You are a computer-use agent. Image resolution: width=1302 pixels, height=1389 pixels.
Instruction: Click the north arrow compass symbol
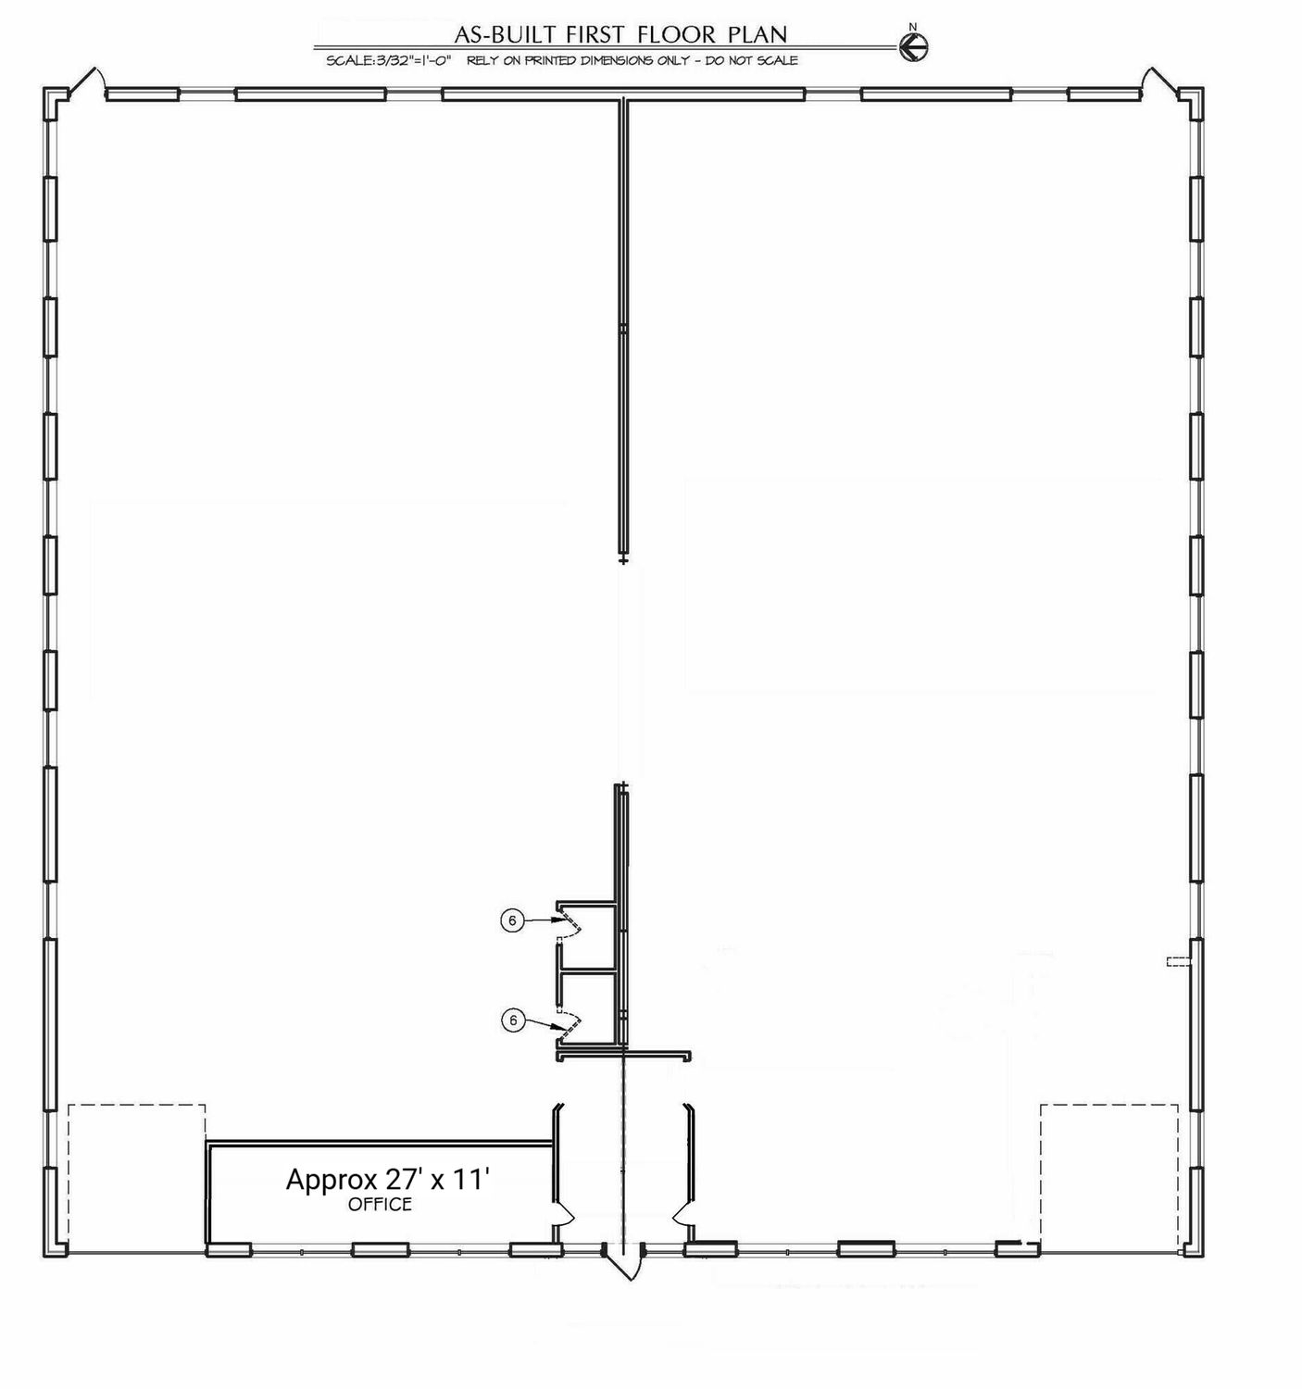(913, 47)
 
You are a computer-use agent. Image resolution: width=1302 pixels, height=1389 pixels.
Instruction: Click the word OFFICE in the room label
(380, 1205)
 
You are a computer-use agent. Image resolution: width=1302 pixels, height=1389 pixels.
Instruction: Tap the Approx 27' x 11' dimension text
(387, 1179)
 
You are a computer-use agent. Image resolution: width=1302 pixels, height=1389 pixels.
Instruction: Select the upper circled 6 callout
(512, 920)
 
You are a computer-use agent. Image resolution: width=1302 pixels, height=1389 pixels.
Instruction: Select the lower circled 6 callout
(513, 1020)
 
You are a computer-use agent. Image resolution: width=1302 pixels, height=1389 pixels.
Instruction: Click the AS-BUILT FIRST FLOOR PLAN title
(620, 33)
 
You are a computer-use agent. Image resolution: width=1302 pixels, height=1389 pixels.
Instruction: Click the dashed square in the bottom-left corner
(137, 1178)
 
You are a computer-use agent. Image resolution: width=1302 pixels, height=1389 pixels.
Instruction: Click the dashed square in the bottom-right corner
(1109, 1178)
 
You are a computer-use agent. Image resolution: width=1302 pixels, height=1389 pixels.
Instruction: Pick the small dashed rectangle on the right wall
(1179, 962)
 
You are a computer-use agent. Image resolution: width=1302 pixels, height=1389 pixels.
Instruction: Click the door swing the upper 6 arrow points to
(570, 921)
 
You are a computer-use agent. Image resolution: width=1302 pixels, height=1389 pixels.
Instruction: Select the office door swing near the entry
(565, 1220)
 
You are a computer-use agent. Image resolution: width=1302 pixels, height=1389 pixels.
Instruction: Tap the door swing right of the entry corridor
(682, 1220)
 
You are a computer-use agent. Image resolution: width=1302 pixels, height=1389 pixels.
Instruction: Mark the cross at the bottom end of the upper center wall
(622, 559)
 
